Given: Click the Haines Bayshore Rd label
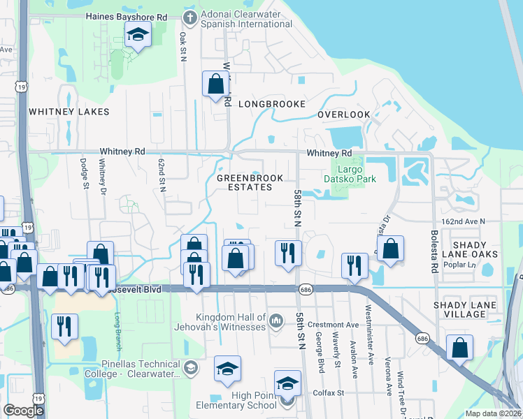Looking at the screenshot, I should [x=126, y=16].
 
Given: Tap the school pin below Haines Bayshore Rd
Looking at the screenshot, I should [x=138, y=35].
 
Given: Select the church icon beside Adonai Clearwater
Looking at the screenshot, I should [x=189, y=16].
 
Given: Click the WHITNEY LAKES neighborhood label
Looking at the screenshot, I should [x=69, y=112].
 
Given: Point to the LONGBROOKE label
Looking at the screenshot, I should [x=272, y=104].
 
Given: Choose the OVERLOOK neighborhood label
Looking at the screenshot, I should [x=343, y=115].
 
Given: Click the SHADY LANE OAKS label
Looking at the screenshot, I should [x=485, y=249].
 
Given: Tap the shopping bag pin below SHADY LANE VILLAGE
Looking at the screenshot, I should [x=459, y=348].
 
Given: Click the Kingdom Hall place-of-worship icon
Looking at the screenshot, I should [x=275, y=321].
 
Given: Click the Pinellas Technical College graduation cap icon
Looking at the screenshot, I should [x=189, y=367].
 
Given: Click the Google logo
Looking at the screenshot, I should [x=23, y=411].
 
